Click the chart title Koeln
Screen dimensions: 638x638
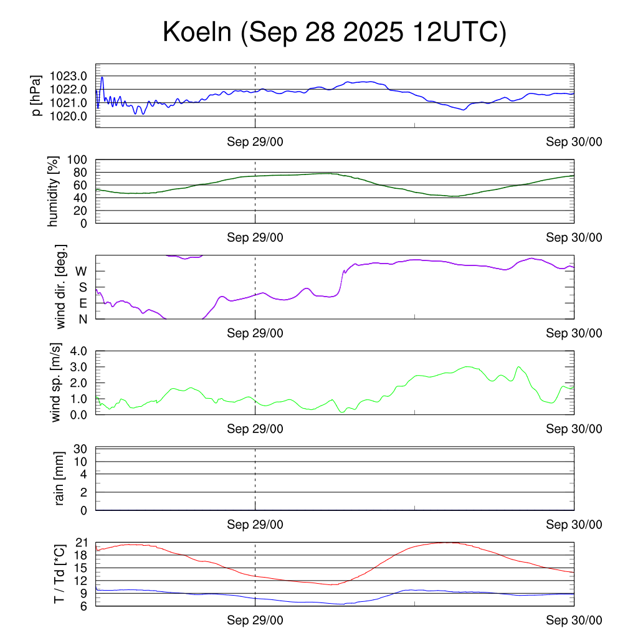coord(334,32)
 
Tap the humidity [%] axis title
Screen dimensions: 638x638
coord(54,191)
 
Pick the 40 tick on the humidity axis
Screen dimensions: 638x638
coord(81,198)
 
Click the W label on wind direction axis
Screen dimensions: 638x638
coord(81,272)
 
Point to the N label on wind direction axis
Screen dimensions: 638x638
coord(82,319)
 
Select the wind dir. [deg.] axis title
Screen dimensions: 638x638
coord(61,287)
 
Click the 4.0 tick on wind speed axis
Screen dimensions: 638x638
coord(78,351)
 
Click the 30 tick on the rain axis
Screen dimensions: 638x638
coord(81,449)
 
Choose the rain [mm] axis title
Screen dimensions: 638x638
coord(60,478)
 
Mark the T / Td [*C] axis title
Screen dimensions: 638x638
coord(59,574)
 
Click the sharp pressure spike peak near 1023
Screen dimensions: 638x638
coord(102,77)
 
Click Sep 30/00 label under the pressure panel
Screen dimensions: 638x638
coord(574,142)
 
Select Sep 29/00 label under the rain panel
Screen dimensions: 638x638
coord(255,525)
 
